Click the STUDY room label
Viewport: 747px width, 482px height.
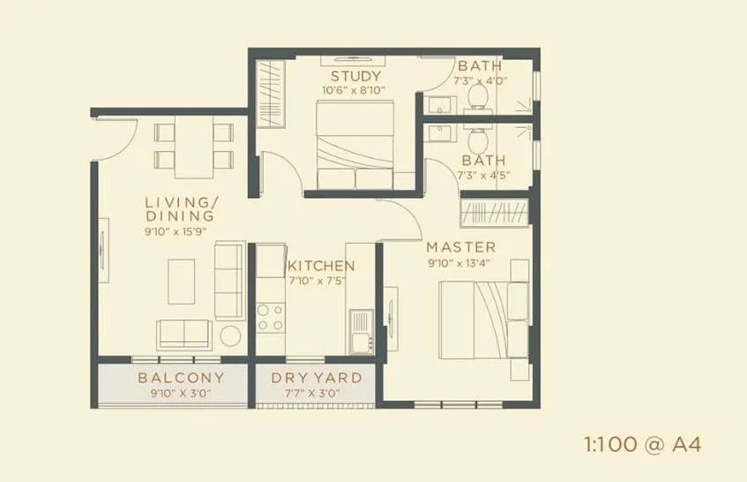355,75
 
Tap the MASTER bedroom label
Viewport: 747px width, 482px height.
461,246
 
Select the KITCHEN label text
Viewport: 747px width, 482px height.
321,266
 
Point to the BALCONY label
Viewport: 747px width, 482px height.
181,378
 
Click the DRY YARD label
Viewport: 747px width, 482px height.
316,378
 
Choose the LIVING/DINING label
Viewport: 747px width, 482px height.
180,209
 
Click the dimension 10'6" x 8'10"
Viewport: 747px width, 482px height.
355,89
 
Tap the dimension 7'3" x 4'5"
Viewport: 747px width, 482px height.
482,175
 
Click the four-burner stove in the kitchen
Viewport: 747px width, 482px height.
270,316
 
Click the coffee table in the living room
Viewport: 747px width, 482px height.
183,282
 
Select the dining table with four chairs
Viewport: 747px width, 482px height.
193,146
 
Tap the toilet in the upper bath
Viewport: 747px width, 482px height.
480,93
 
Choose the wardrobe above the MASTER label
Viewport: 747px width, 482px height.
497,214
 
